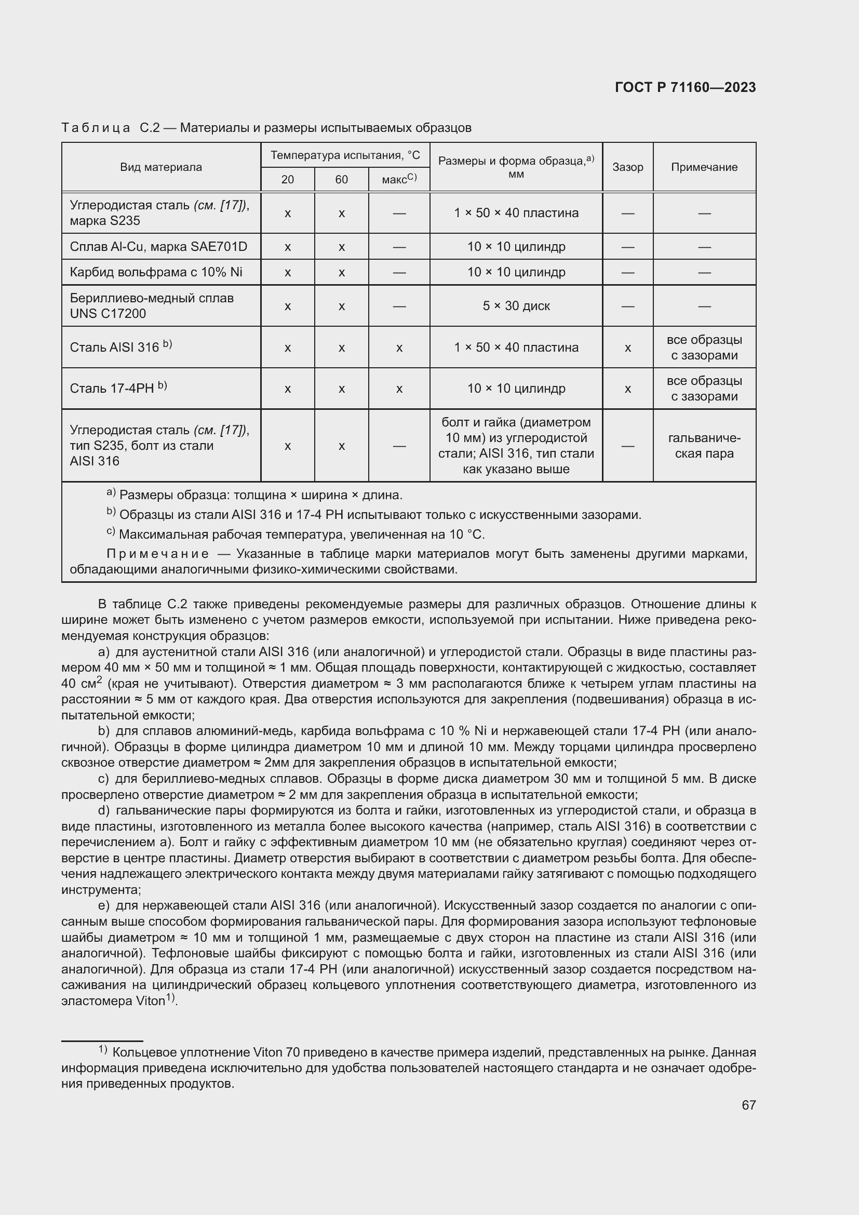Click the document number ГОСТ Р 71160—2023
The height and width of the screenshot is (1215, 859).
point(685,87)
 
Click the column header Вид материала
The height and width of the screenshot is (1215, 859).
point(161,167)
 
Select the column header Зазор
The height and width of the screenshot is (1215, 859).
point(627,167)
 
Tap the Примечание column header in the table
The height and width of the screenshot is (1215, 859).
point(704,167)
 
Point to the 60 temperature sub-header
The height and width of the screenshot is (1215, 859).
point(341,179)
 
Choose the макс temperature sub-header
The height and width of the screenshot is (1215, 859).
point(399,179)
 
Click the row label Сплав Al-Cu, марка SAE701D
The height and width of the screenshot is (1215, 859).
point(158,247)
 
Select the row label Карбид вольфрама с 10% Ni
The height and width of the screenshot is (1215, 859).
point(156,272)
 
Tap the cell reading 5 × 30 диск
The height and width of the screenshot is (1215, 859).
point(516,306)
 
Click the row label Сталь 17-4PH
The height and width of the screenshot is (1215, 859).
point(118,389)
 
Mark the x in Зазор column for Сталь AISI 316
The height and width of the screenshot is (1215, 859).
point(627,348)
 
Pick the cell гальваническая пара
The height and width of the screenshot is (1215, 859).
point(704,446)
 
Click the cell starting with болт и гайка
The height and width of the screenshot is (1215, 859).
point(516,446)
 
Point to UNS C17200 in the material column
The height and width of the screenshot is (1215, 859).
point(108,313)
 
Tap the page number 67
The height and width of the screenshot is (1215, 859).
point(748,1105)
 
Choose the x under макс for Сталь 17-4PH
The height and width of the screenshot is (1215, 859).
point(399,389)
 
